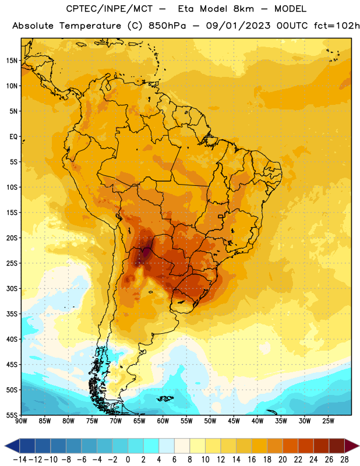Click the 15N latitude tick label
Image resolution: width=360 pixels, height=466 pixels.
tap(12, 61)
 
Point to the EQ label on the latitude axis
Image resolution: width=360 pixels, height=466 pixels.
tap(13, 137)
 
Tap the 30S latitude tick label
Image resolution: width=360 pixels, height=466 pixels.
tap(12, 288)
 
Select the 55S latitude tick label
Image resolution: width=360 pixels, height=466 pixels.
tap(12, 415)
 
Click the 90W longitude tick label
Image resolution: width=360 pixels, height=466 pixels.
tap(21, 421)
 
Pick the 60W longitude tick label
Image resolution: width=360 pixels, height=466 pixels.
tap(163, 421)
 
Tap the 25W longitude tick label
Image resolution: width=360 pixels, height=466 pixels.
tap(328, 421)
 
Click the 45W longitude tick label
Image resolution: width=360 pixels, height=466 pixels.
tap(234, 421)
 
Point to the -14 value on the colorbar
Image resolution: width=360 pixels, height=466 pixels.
tap(20, 460)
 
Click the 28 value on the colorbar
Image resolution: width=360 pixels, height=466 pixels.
tap(344, 460)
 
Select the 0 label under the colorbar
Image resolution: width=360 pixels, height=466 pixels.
tap(128, 460)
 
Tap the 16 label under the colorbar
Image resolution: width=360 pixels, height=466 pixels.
tap(252, 460)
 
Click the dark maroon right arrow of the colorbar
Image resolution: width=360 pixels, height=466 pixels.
tap(351, 446)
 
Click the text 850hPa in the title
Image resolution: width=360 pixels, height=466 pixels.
tap(167, 26)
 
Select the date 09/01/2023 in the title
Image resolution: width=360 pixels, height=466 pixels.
tap(238, 26)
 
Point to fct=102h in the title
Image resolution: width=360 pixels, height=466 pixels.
tap(337, 26)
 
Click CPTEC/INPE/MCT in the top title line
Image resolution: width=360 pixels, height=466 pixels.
tap(109, 9)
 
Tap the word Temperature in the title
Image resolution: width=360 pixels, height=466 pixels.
tap(90, 26)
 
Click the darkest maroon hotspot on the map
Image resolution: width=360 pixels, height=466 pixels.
tap(146, 253)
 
